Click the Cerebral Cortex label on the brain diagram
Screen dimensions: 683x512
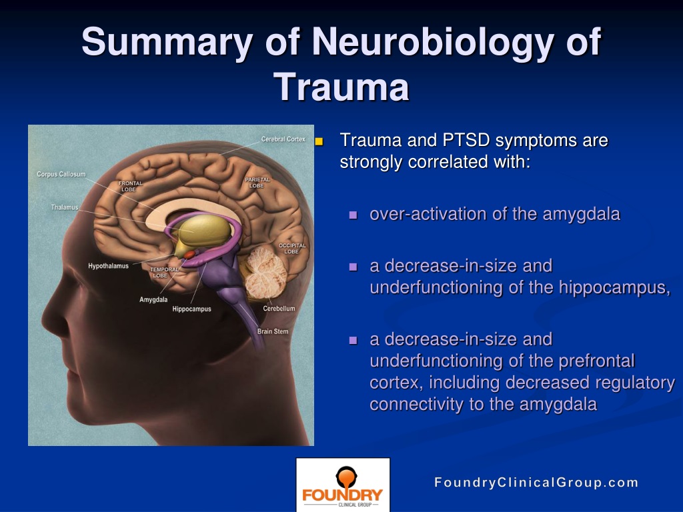[283, 139]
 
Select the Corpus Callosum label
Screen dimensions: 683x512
[61, 174]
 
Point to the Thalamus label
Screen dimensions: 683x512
[65, 207]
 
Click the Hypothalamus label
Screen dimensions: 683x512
[109, 266]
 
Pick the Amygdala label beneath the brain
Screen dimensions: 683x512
[153, 299]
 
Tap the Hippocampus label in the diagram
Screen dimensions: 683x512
[191, 309]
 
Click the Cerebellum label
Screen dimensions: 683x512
[279, 308]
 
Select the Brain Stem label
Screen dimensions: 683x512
[273, 331]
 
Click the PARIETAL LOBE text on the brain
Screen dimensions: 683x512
[257, 183]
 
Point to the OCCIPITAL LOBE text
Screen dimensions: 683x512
[292, 249]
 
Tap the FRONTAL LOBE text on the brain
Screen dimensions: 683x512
[130, 187]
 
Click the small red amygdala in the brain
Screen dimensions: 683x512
[189, 254]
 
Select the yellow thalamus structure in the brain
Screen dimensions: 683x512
[204, 230]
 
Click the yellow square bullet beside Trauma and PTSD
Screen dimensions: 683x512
[319, 141]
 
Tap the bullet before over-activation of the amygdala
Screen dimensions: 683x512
[354, 215]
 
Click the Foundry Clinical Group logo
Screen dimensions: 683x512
[343, 485]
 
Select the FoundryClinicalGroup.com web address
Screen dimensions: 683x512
[536, 483]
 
